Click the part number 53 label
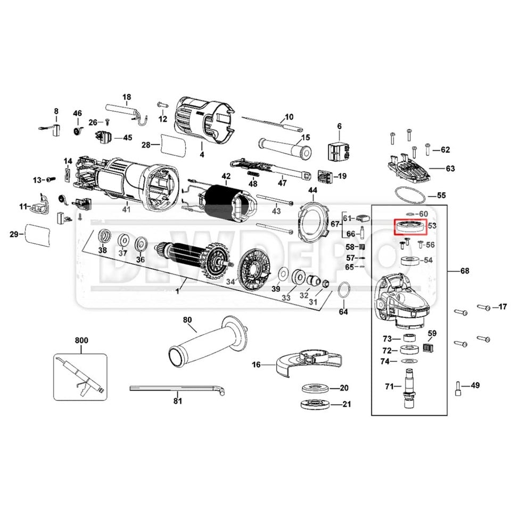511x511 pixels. tap(432, 226)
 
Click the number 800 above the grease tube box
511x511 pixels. tap(81, 340)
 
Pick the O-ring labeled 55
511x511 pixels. tap(410, 195)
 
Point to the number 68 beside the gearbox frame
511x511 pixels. tap(465, 271)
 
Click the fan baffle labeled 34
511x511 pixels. tap(253, 271)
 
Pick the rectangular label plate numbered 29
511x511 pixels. tap(39, 233)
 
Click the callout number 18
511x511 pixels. tap(126, 97)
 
